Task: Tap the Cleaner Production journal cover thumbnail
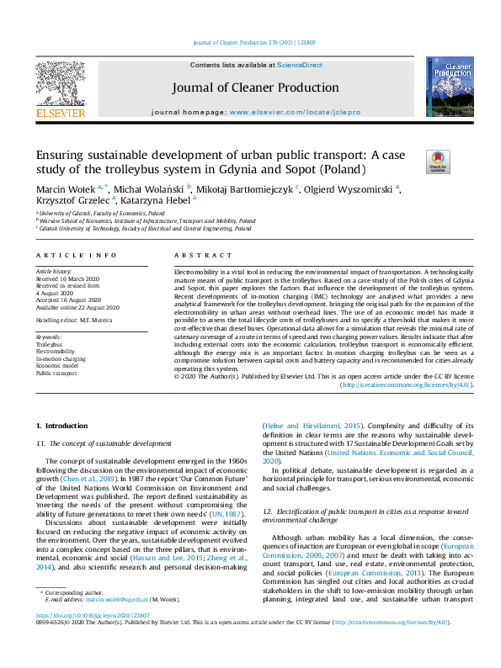(450, 87)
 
